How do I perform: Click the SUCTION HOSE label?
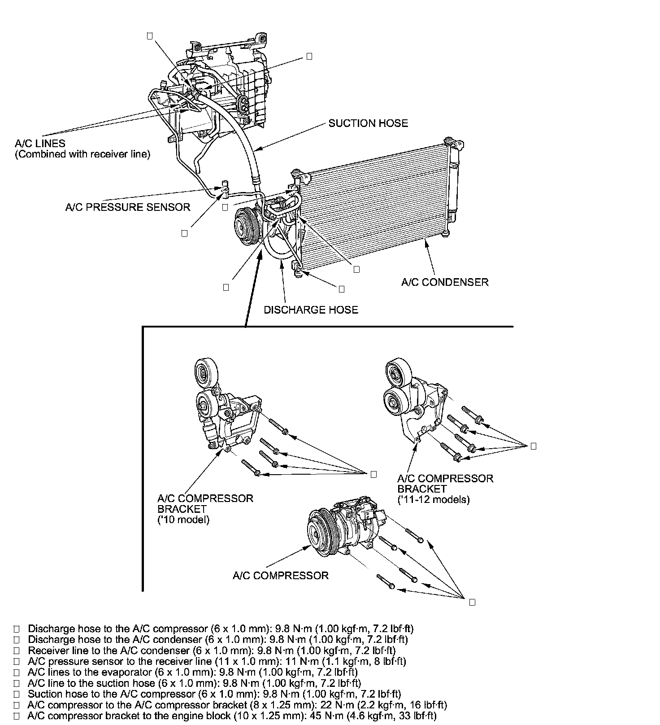pos(368,123)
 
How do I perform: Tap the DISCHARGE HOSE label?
pos(311,310)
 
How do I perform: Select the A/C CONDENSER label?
pos(444,282)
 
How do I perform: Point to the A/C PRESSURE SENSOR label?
pos(128,207)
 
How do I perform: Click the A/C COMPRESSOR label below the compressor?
pos(281,576)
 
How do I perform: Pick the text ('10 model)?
pos(183,520)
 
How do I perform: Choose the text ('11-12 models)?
pos(434,499)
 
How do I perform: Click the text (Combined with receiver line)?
pos(82,154)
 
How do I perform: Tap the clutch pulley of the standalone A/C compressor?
pos(319,534)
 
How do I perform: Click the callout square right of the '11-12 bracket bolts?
pos(533,446)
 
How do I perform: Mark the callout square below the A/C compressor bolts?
pos(472,603)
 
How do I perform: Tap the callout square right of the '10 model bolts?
pos(373,474)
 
